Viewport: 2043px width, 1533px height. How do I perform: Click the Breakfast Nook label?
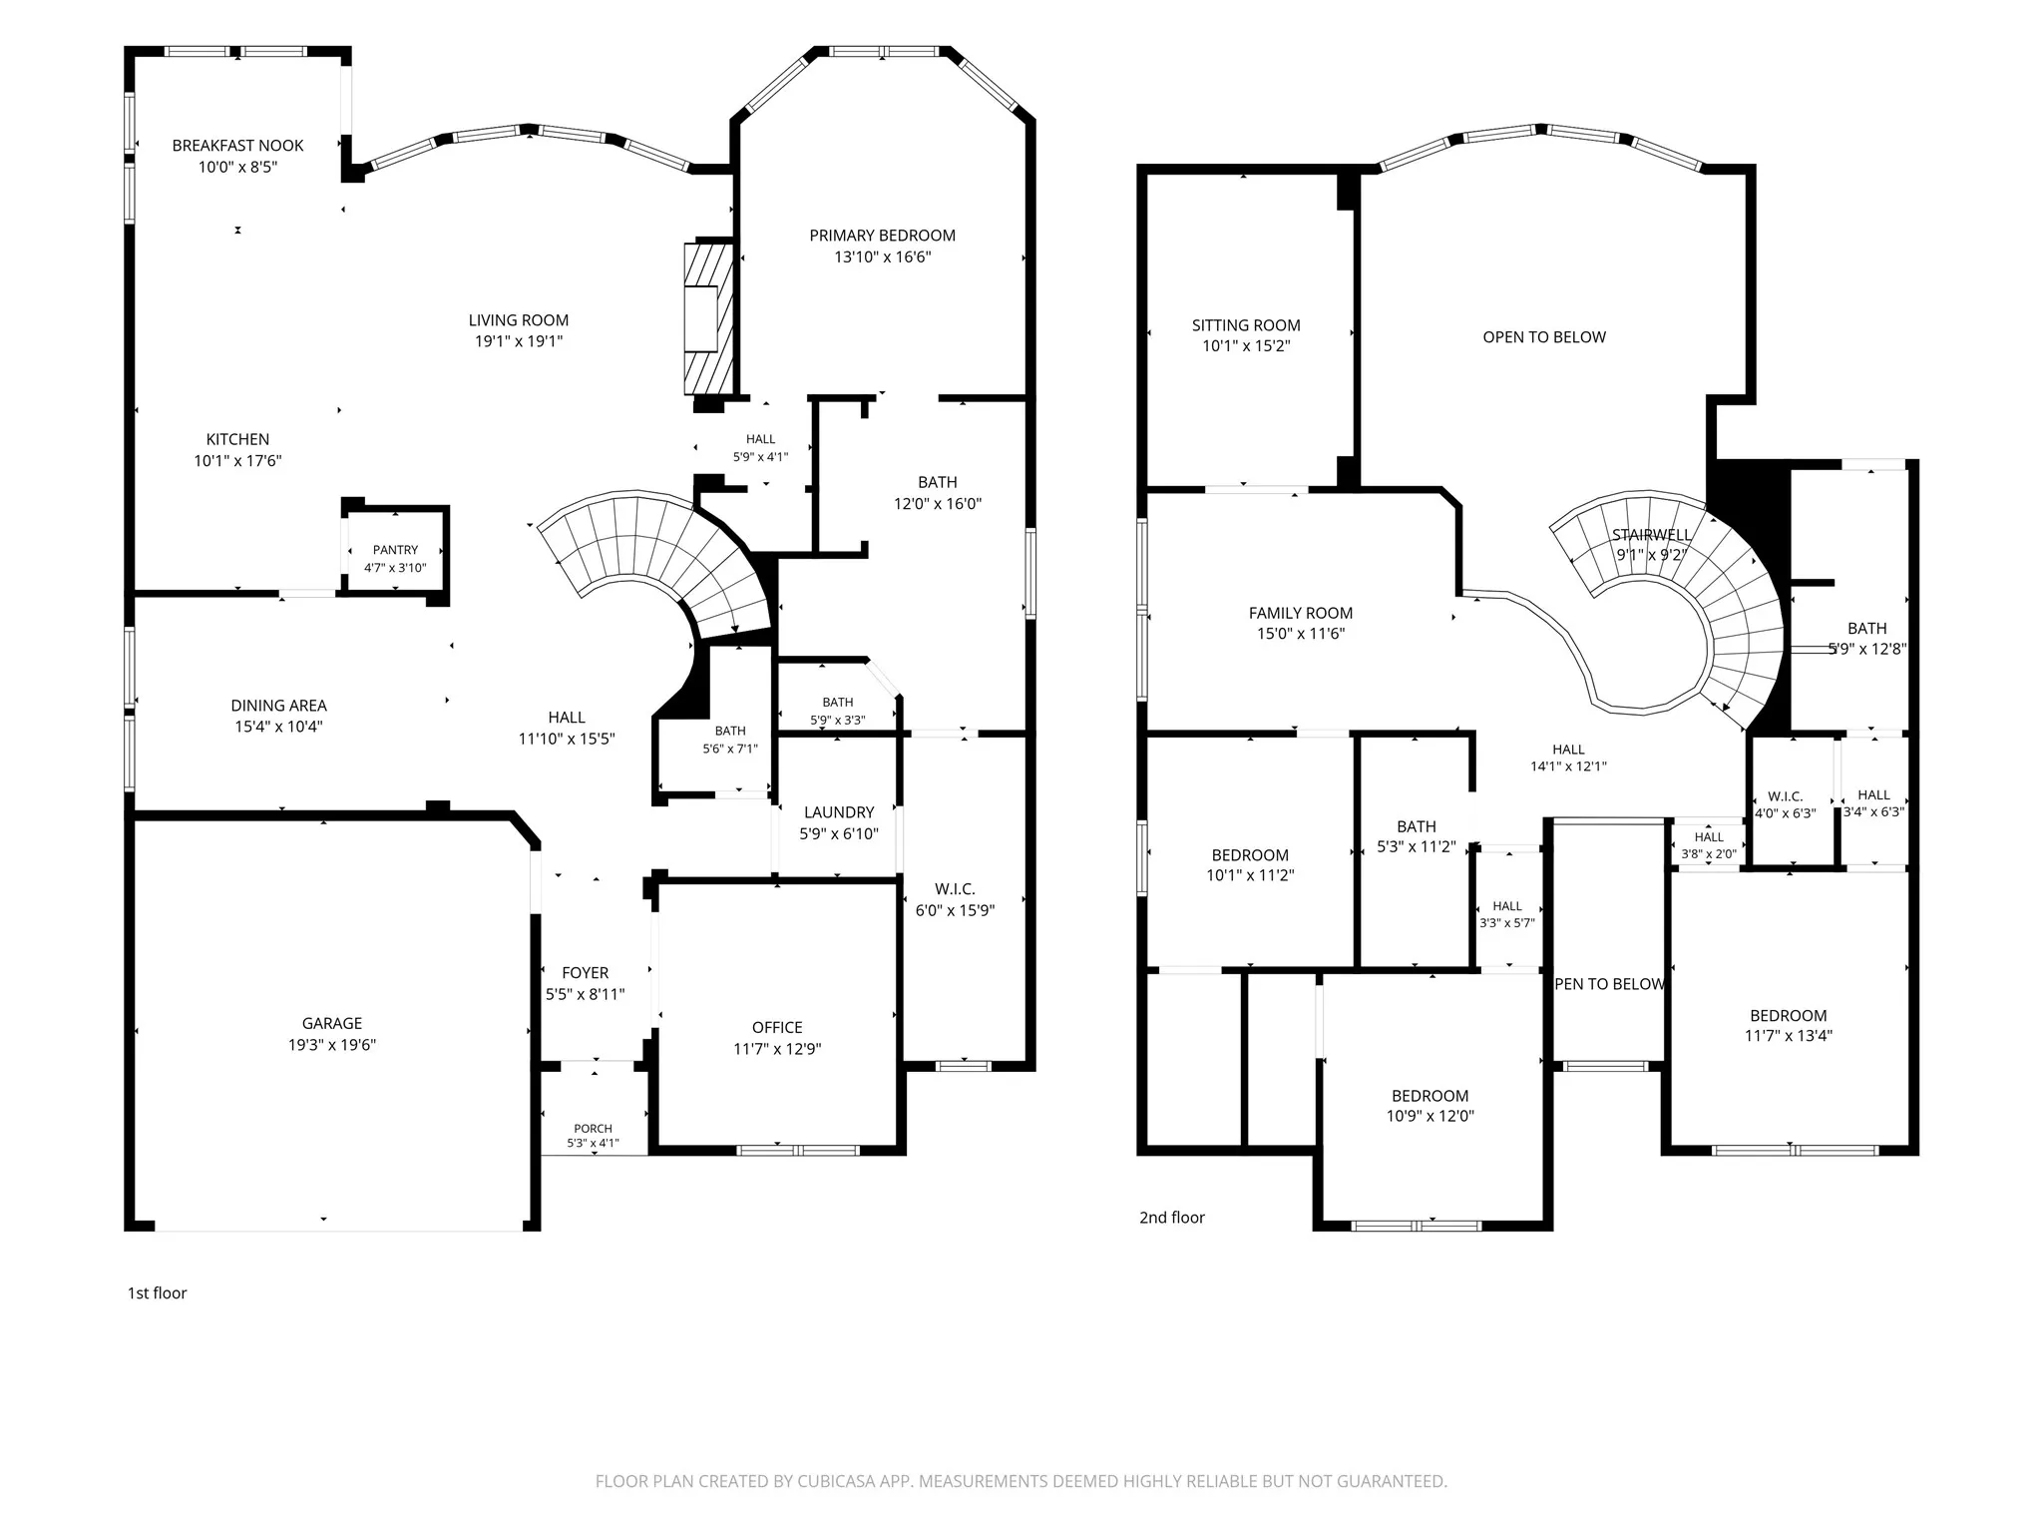click(237, 146)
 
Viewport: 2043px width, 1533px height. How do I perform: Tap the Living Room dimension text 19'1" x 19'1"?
click(519, 341)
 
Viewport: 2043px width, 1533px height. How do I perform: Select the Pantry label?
click(395, 550)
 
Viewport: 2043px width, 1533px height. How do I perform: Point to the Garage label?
click(332, 1023)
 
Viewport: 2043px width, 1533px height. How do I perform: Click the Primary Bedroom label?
click(883, 236)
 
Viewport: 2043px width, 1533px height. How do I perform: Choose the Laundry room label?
click(839, 812)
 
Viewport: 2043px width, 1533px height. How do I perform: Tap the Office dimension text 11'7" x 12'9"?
click(777, 1049)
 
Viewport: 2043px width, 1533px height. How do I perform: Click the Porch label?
click(594, 1129)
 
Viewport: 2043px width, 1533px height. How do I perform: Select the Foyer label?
click(585, 973)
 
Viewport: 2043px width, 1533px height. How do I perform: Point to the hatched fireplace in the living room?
click(709, 318)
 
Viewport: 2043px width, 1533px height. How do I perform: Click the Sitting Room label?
click(1246, 325)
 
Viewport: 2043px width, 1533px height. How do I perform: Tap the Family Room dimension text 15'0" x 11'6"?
click(1301, 634)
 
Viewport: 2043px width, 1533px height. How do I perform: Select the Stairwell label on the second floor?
click(1652, 535)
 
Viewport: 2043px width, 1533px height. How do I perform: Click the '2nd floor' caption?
click(1172, 1218)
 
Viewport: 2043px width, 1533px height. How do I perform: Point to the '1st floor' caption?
click(157, 1293)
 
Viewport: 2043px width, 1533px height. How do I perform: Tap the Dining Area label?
click(278, 706)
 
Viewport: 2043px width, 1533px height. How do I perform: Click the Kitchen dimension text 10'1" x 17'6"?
click(237, 461)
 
